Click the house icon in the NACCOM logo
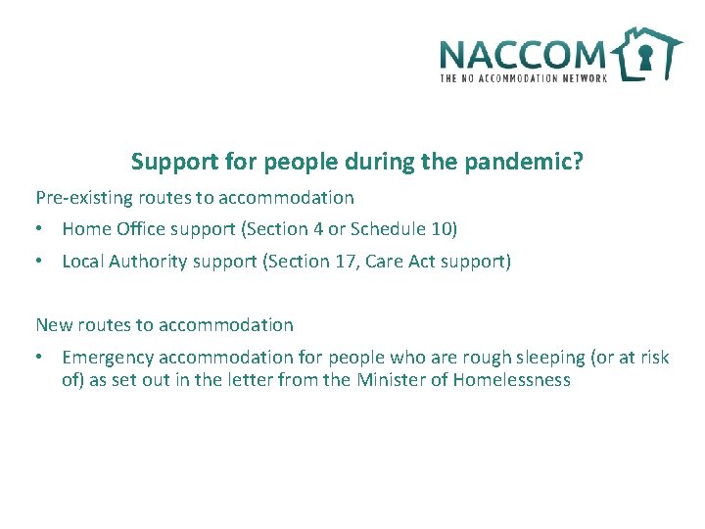point(646,53)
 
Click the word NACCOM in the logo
point(524,54)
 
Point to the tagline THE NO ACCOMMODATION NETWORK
point(524,77)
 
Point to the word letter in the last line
point(252,380)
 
